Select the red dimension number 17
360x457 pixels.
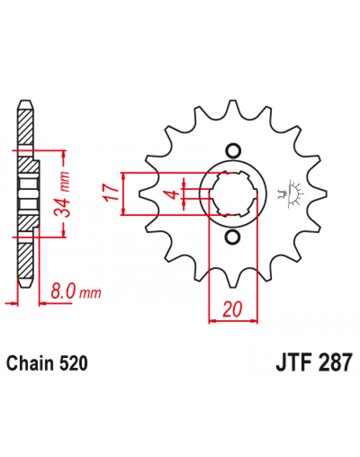(111, 192)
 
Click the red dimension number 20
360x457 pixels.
(232, 309)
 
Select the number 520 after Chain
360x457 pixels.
(74, 364)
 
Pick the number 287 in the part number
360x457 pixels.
(335, 362)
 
